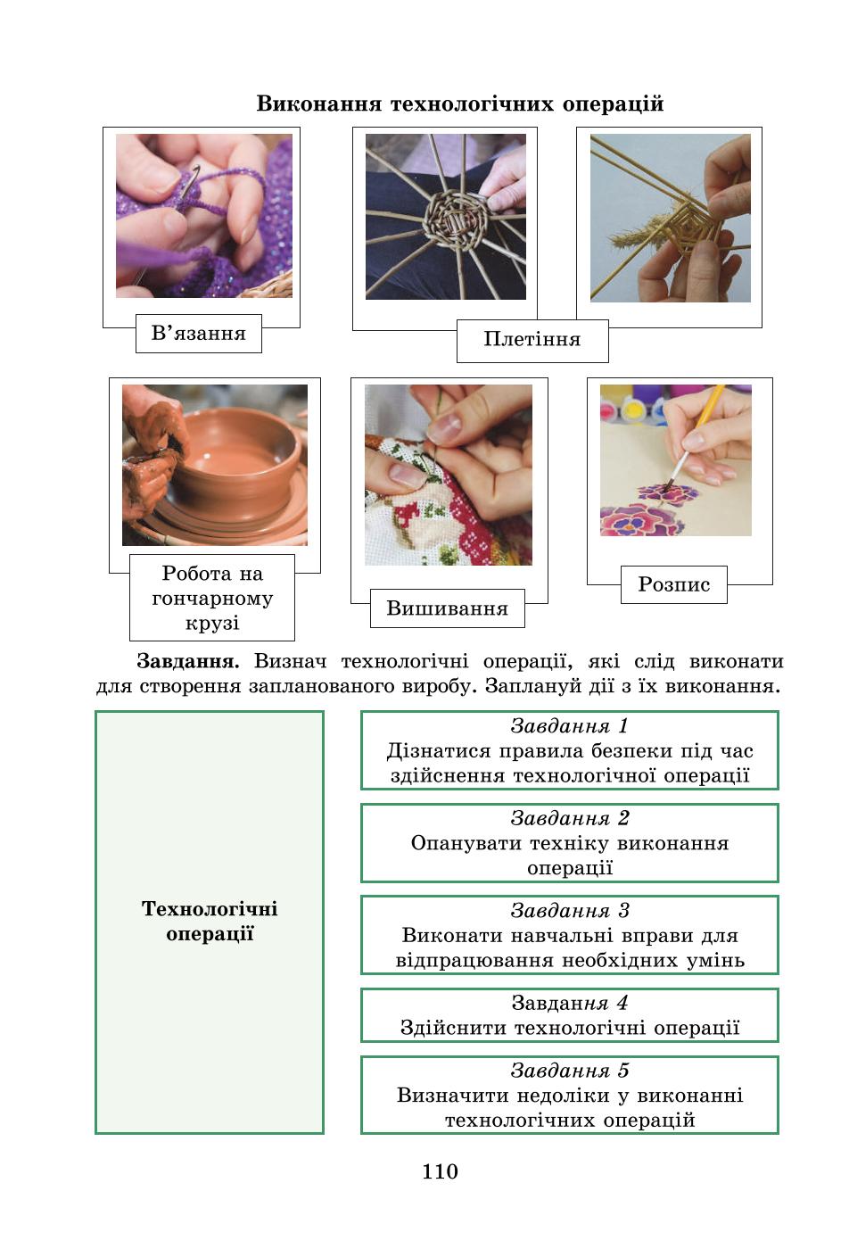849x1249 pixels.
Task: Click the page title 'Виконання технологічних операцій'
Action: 460,103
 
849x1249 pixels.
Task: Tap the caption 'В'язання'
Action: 199,334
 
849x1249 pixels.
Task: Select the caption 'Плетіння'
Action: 532,339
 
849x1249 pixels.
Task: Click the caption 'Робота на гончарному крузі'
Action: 212,598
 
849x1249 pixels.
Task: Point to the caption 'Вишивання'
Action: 447,608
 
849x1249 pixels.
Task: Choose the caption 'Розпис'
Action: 674,584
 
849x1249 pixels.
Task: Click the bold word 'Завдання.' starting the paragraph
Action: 188,661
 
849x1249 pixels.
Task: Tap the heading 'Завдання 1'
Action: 569,726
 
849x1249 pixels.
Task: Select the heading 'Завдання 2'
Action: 570,818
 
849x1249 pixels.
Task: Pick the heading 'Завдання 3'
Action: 570,911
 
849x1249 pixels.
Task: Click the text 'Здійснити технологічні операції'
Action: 570,1027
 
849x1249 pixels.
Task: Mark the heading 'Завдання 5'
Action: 570,1071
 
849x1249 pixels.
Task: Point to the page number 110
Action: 440,1171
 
